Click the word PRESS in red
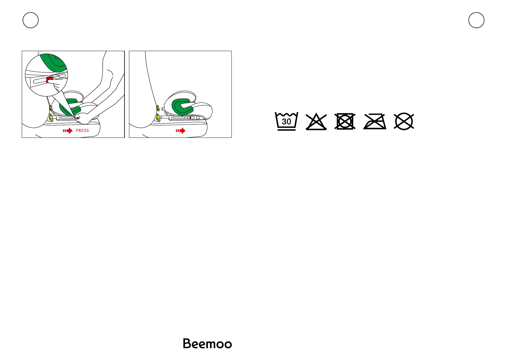(x=82, y=131)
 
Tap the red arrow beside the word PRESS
(x=68, y=131)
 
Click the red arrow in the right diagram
(x=181, y=131)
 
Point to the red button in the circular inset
(x=49, y=79)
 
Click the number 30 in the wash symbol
(x=286, y=122)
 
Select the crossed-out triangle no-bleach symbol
(x=316, y=122)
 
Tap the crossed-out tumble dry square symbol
(x=345, y=122)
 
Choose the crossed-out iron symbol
(x=375, y=122)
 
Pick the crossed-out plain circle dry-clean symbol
(x=404, y=122)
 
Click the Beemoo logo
(x=207, y=344)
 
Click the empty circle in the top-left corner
(x=31, y=20)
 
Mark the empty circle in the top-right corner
(x=476, y=20)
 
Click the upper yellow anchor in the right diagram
(x=158, y=108)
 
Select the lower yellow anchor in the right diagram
(x=158, y=116)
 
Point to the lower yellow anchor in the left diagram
(x=51, y=117)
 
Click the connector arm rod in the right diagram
(x=184, y=117)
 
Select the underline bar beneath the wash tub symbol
(x=286, y=130)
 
